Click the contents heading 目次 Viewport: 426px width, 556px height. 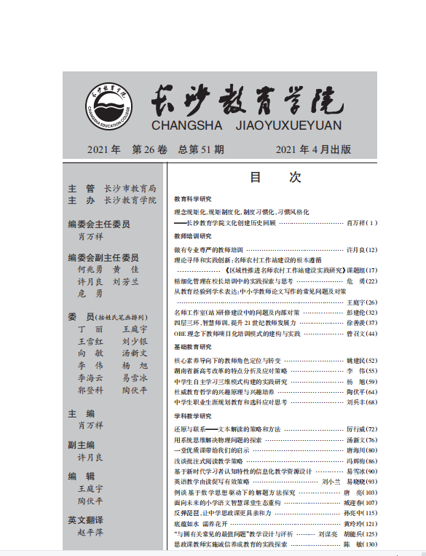pyautogui.click(x=275, y=177)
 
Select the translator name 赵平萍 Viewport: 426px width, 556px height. pyautogui.click(x=91, y=532)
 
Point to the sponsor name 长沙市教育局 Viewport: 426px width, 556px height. pyautogui.click(x=130, y=188)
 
